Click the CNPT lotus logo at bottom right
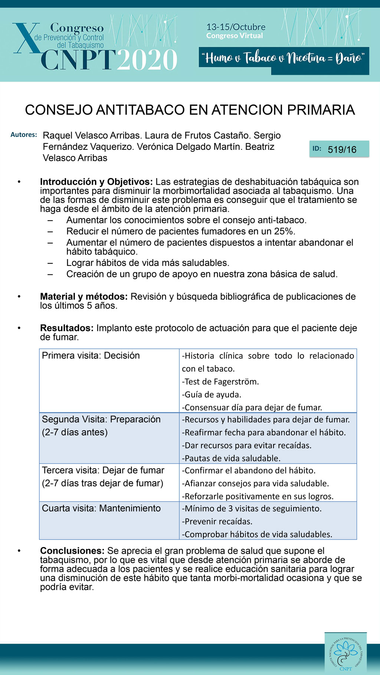coord(345,653)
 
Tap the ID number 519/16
coord(342,149)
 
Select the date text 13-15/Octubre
coord(236,27)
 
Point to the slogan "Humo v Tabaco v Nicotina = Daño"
coord(284,58)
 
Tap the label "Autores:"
coord(24,135)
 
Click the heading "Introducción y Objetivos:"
coord(96,182)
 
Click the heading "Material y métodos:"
coord(84,297)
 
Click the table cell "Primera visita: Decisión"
coord(91,355)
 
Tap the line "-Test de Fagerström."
coord(220,382)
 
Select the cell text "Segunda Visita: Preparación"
coord(101,419)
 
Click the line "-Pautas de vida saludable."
coord(231,458)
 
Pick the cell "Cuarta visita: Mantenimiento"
coord(101,508)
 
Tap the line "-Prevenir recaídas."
coord(217,521)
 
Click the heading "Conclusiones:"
coord(72,551)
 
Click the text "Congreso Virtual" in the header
coord(235,36)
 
